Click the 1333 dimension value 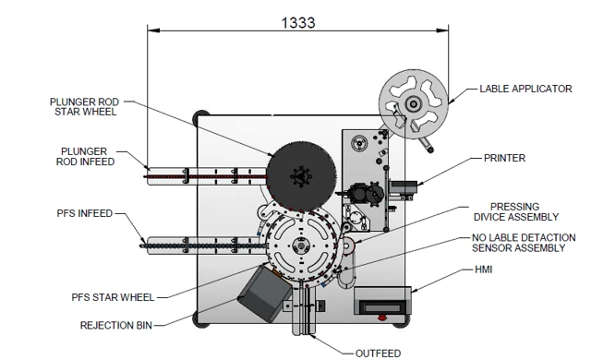tap(298, 22)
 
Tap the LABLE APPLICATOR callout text tap(525, 89)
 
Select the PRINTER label tap(504, 158)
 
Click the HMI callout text tap(484, 270)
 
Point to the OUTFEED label tap(378, 354)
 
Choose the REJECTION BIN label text tap(116, 325)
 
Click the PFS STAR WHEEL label tap(113, 297)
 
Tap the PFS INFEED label tap(85, 213)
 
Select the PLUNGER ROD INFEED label tap(85, 157)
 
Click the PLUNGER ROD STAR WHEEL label tap(84, 107)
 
